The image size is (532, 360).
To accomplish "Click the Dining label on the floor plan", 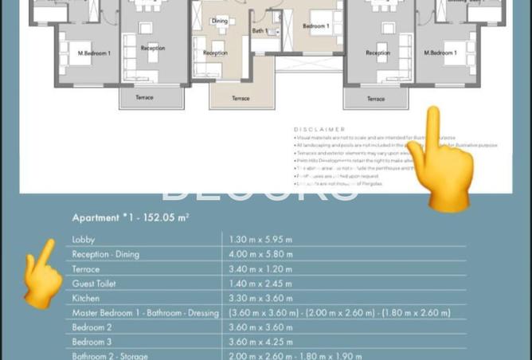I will (x=220, y=21).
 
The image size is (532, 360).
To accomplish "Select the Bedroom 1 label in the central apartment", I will (x=316, y=26).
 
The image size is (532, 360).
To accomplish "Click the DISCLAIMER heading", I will (x=319, y=128).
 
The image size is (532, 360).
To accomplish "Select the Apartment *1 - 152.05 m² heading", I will (x=131, y=217).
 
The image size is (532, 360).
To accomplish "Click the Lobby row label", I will (x=83, y=239).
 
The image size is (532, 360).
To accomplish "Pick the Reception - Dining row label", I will (x=105, y=254).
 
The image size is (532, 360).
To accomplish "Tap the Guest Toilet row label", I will (x=94, y=284).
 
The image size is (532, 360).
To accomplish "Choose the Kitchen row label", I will (x=86, y=298).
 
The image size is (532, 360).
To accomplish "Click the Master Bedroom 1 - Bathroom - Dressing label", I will (x=145, y=313).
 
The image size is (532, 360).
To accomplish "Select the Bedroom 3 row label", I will (x=92, y=342).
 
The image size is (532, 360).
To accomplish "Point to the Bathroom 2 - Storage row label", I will (x=110, y=356).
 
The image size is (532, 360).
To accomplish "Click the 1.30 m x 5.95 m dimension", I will (x=260, y=239).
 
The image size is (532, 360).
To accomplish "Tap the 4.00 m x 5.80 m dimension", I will (x=261, y=254).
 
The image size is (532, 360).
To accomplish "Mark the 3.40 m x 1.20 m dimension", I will (x=260, y=269).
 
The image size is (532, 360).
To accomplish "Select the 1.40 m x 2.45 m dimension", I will (x=261, y=284).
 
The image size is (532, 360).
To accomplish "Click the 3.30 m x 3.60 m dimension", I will (x=261, y=298).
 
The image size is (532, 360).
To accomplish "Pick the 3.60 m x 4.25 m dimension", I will (x=261, y=342).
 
